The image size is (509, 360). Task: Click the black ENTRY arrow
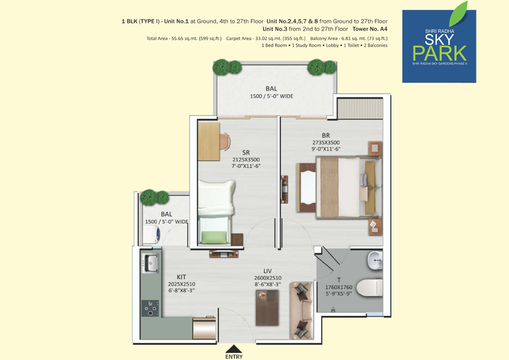click(234, 349)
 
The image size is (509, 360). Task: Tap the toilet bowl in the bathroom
click(370, 287)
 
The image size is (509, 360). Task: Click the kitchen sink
click(150, 263)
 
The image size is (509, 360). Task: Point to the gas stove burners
click(150, 308)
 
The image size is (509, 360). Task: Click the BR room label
click(326, 135)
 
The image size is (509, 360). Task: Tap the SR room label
click(246, 153)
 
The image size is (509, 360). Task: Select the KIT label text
click(182, 277)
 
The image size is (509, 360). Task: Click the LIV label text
click(268, 271)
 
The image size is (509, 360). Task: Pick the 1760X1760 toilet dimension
click(338, 287)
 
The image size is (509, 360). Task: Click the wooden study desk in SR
click(209, 141)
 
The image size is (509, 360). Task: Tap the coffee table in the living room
click(267, 308)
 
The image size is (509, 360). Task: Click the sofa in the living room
click(301, 311)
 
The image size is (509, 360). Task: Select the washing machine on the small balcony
click(152, 234)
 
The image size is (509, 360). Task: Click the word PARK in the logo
click(440, 53)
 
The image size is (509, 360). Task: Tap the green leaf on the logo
click(459, 14)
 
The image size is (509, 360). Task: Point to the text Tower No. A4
click(370, 29)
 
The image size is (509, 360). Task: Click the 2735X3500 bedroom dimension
click(326, 143)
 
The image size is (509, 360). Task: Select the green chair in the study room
click(214, 237)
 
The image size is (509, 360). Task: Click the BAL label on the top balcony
click(271, 89)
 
